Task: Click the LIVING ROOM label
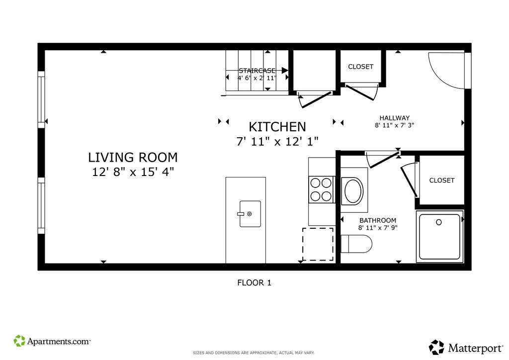tap(133, 158)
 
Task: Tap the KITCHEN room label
tap(277, 127)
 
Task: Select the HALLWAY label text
tap(394, 118)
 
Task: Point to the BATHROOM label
tap(378, 220)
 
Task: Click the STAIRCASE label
tap(257, 71)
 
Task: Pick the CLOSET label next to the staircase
tap(361, 67)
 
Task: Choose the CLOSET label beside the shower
tap(442, 180)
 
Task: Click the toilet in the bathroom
tap(356, 244)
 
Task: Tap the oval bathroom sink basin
tap(353, 190)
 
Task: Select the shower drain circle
tap(439, 222)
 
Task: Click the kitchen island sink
tap(250, 214)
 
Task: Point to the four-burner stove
tap(321, 189)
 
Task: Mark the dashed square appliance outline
tap(318, 244)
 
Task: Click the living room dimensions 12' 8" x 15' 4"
tap(133, 172)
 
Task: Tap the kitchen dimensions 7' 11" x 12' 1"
tap(277, 142)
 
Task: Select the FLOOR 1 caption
tap(254, 283)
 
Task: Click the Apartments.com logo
tap(52, 341)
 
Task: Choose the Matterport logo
tap(466, 348)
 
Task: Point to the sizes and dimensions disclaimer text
tap(254, 353)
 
